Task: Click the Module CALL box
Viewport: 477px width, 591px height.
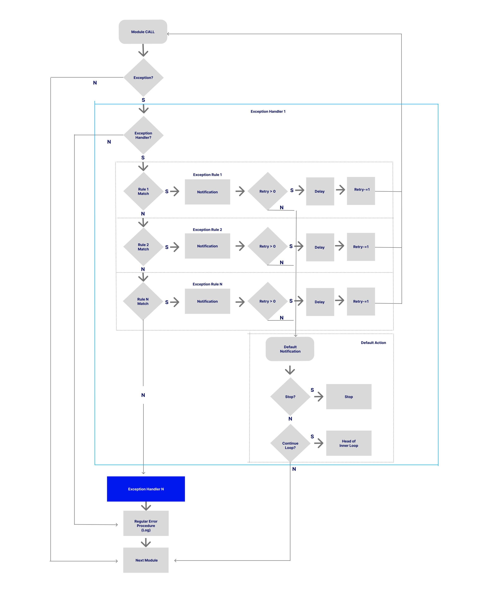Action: click(x=143, y=32)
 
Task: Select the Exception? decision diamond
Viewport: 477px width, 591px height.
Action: click(x=143, y=78)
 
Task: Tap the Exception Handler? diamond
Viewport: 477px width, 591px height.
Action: click(x=143, y=135)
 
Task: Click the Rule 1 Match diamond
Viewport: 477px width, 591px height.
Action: click(x=143, y=191)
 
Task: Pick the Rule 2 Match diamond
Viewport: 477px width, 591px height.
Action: click(x=143, y=247)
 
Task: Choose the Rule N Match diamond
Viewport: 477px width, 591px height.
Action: click(x=143, y=301)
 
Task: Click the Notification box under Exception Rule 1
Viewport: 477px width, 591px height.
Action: click(x=207, y=192)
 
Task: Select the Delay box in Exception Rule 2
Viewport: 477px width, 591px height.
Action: click(x=320, y=247)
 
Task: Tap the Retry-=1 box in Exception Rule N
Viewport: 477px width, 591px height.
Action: click(x=361, y=301)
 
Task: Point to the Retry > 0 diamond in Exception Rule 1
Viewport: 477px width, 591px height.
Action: click(x=267, y=191)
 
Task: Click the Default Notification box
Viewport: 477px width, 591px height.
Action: click(x=290, y=349)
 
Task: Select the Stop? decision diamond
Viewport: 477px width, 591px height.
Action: click(x=290, y=397)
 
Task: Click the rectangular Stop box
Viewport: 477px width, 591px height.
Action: click(x=349, y=397)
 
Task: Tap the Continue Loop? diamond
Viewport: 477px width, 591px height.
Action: click(x=290, y=443)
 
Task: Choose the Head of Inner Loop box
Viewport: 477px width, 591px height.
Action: click(x=349, y=443)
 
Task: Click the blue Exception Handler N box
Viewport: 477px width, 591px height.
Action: click(x=146, y=489)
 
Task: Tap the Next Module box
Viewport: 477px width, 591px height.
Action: click(x=146, y=560)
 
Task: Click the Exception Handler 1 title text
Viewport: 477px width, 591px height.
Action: click(x=268, y=111)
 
